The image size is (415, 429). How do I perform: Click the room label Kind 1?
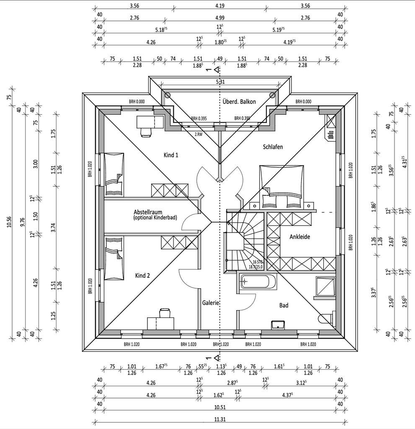[171, 155]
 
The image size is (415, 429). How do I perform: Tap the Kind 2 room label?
[142, 275]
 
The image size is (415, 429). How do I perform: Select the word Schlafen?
[273, 147]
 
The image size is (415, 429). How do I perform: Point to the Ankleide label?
[300, 237]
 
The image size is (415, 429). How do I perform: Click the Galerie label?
[211, 302]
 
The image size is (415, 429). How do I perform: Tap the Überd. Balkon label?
[239, 101]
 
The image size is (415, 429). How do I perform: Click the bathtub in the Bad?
[257, 282]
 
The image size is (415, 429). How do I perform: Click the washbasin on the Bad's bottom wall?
[278, 325]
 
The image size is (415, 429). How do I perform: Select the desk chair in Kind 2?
[165, 313]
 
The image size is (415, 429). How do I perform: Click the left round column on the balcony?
[167, 95]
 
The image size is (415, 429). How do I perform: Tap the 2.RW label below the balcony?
[199, 134]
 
